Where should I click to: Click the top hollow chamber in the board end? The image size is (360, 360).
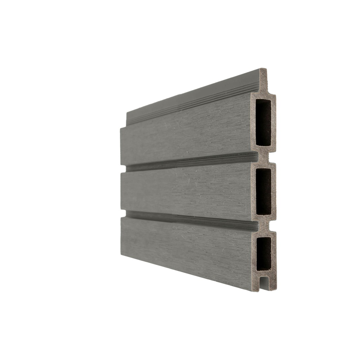coord(263,122)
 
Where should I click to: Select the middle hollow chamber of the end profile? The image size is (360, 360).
coord(264,191)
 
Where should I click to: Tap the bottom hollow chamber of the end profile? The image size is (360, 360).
coord(264,253)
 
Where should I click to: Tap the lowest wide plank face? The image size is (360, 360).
coord(186,246)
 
